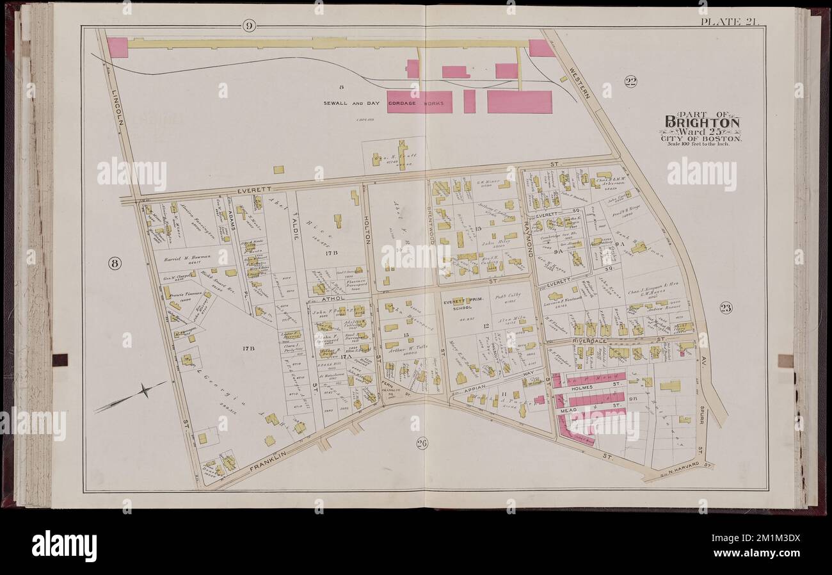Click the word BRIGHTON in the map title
point(702,122)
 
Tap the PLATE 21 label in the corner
point(729,22)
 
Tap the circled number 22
point(630,81)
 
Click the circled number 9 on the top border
point(249,26)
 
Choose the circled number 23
point(725,308)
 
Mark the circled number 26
point(422,443)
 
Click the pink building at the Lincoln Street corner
point(117,47)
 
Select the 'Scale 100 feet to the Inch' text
point(702,143)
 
